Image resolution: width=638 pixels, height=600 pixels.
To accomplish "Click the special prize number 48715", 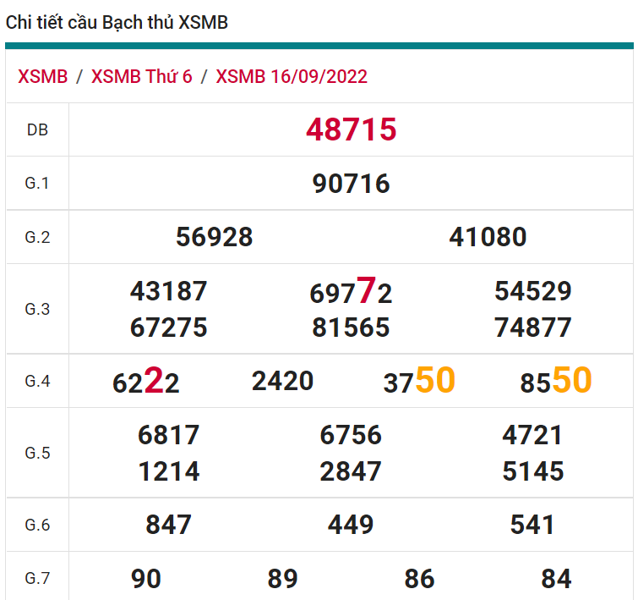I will coord(351,129).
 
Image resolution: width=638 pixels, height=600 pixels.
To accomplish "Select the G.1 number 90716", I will coord(351,184).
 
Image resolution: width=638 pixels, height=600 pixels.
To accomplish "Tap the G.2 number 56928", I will coord(214,237).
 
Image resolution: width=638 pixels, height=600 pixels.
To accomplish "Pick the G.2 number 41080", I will coord(488,237).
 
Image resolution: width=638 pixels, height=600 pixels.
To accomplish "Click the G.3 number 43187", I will coord(168,291).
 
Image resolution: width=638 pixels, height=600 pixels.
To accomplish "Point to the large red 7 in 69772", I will coord(366,291).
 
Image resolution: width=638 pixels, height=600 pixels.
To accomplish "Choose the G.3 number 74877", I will coord(533,328).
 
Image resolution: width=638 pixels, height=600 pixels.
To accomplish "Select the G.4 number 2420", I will coord(282,381).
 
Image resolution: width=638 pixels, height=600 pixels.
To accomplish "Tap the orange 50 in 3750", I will coord(435,380).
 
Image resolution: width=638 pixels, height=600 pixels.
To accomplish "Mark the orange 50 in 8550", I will coord(572,380).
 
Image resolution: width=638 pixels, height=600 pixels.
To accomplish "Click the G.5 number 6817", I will coord(168,435).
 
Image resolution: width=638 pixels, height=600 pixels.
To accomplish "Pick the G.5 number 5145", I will coord(532,471).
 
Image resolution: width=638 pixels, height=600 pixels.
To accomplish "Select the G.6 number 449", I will coord(351,525).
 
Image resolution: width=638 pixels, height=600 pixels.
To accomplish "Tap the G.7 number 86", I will coord(419,579).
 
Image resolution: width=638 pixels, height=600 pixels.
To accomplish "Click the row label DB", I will coord(37,130).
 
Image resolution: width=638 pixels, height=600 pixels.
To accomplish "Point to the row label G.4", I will coord(37,381).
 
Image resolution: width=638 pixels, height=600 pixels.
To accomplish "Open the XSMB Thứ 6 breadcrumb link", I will coord(141,77).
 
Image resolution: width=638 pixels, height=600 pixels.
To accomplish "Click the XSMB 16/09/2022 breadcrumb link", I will coord(292,77).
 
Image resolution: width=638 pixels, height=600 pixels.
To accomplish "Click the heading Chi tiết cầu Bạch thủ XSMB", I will coord(117,23).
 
